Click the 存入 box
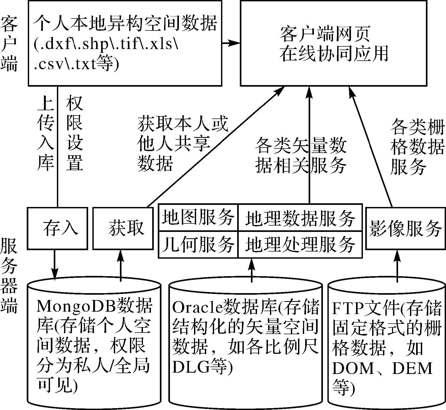click(x=57, y=228)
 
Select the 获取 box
click(x=123, y=228)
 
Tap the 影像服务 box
click(x=406, y=228)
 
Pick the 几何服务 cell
click(x=198, y=244)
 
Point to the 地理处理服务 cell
click(x=300, y=244)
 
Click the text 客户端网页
click(x=325, y=34)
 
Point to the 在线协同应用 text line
click(x=334, y=54)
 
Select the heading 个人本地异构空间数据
click(x=125, y=23)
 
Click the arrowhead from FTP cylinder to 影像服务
click(x=397, y=254)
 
